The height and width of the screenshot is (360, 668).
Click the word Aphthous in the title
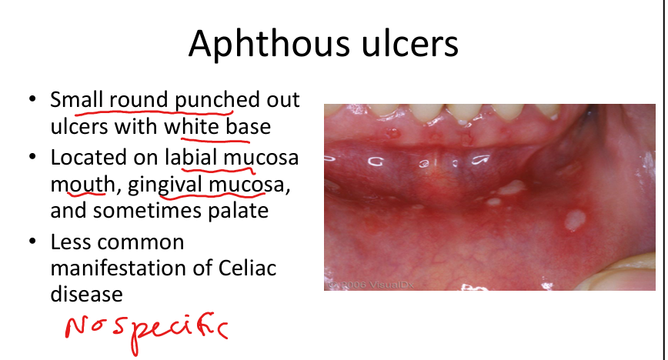[270, 43]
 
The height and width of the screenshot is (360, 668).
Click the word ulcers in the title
[410, 43]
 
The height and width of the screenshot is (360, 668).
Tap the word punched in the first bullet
[217, 101]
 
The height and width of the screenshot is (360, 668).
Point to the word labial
[192, 157]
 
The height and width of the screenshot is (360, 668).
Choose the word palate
[238, 210]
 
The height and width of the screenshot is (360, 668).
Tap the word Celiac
[247, 268]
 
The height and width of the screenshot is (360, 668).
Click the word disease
[86, 294]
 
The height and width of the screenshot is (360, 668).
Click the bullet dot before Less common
[33, 242]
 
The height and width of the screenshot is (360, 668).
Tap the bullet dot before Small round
[33, 99]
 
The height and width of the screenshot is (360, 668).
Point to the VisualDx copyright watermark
[371, 285]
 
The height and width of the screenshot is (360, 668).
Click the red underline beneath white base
[215, 138]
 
